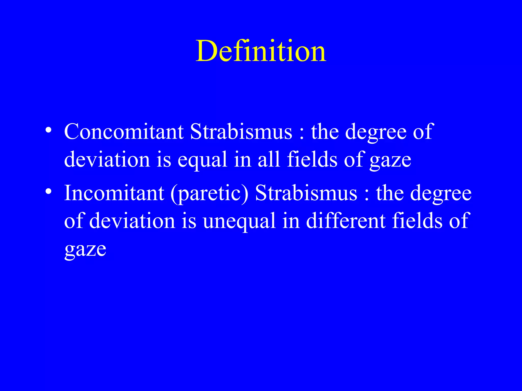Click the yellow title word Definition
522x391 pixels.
261,51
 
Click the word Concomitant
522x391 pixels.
124,132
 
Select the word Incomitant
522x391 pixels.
114,193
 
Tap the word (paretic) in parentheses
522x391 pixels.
209,194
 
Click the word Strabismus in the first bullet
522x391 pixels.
241,132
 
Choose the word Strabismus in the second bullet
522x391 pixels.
306,193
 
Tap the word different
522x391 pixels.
346,220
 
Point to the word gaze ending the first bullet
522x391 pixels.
390,161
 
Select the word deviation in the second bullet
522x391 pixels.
132,220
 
